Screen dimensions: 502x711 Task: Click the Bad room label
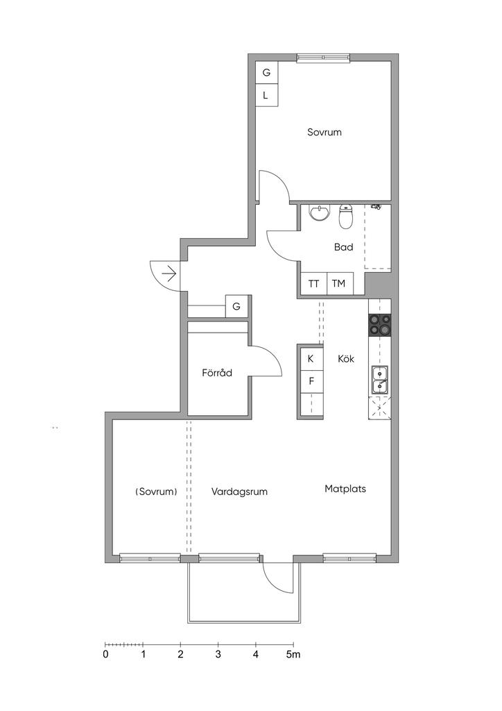[343, 247]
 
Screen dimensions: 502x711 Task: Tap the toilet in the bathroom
[346, 217]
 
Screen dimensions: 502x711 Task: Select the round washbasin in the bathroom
[320, 212]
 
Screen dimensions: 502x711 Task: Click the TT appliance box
[313, 283]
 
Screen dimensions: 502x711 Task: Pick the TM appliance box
[338, 283]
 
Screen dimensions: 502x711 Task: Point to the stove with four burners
[379, 325]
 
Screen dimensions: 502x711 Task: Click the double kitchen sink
[380, 380]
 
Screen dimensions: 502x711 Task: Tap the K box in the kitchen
[311, 359]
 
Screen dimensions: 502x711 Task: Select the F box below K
[311, 381]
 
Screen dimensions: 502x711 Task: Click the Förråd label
[217, 373]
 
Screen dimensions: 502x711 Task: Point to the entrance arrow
[169, 274]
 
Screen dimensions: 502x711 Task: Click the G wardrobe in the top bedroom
[267, 72]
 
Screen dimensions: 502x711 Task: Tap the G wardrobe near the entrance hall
[236, 306]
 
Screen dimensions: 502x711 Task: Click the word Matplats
[345, 489]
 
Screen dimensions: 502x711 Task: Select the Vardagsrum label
[239, 492]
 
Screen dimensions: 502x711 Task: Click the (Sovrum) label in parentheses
[156, 492]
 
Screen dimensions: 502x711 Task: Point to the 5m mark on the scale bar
[293, 654]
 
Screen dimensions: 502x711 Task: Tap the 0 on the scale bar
[105, 654]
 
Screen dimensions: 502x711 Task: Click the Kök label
[346, 359]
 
